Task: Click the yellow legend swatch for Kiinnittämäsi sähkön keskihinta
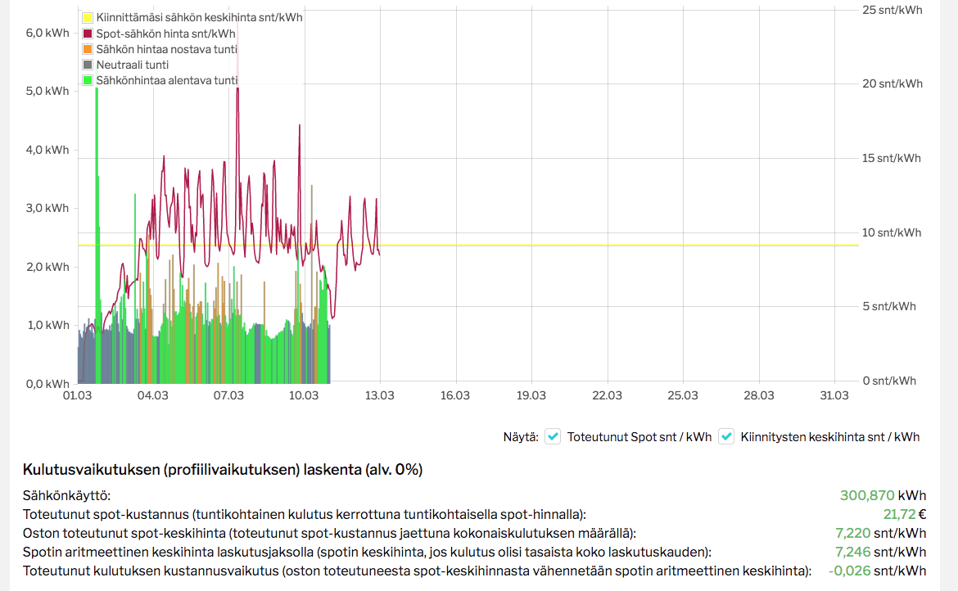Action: pyautogui.click(x=87, y=17)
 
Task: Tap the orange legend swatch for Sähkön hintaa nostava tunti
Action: pyautogui.click(x=87, y=49)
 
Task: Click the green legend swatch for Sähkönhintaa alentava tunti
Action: pyautogui.click(x=87, y=80)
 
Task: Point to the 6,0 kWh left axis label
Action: pyautogui.click(x=47, y=34)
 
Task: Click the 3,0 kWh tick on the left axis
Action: pyautogui.click(x=47, y=208)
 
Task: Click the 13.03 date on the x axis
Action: pyautogui.click(x=380, y=396)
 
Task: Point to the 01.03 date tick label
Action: pyautogui.click(x=77, y=396)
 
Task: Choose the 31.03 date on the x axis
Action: pyautogui.click(x=834, y=396)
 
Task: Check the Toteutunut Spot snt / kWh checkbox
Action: pyautogui.click(x=553, y=436)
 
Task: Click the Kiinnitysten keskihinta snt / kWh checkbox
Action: pyautogui.click(x=726, y=436)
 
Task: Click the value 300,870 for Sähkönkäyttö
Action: pyautogui.click(x=867, y=495)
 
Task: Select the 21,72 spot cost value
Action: pyautogui.click(x=899, y=514)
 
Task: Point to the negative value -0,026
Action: pyautogui.click(x=849, y=571)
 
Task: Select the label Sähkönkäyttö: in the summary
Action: pyautogui.click(x=66, y=495)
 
